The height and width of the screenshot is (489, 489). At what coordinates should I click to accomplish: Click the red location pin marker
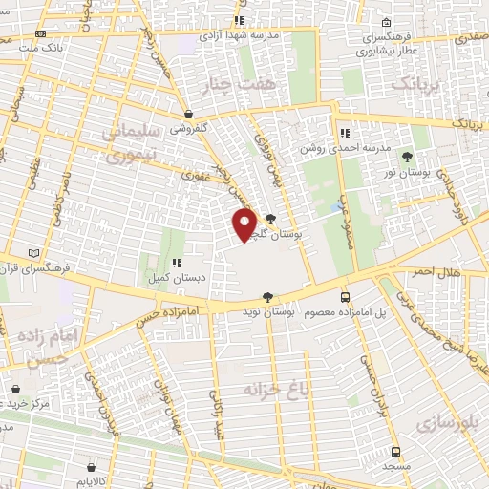coord(244,223)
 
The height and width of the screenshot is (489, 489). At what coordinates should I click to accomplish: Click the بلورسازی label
coord(447,421)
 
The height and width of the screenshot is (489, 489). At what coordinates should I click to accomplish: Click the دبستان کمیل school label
coord(176,277)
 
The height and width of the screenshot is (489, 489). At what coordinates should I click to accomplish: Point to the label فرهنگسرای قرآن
coord(34,266)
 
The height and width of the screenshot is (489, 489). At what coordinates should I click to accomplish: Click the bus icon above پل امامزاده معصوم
coord(345,297)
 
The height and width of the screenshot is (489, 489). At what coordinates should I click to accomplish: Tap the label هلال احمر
coord(436,273)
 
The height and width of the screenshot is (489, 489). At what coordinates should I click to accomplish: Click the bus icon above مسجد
coord(395,452)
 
